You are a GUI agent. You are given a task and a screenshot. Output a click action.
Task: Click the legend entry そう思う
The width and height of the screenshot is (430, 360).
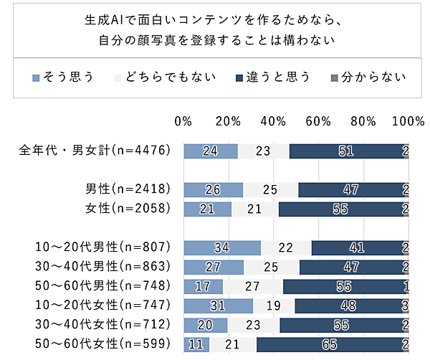click(x=63, y=77)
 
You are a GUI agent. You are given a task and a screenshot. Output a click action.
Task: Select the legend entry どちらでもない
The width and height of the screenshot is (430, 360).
click(x=165, y=77)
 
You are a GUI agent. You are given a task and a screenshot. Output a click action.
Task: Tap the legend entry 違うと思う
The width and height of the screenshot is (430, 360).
click(x=273, y=77)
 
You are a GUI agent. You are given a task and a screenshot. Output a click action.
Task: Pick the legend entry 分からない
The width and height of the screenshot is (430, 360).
click(x=368, y=77)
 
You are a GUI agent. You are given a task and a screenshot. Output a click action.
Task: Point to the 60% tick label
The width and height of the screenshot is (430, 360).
click(x=318, y=121)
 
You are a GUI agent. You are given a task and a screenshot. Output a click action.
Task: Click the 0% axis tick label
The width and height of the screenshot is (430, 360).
click(x=183, y=121)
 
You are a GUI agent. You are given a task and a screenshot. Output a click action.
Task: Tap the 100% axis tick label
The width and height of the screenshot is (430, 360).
click(x=408, y=121)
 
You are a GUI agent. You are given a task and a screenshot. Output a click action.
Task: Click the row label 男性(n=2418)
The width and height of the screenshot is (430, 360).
click(x=128, y=189)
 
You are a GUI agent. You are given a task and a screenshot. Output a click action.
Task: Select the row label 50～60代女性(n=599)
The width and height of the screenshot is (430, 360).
click(x=102, y=344)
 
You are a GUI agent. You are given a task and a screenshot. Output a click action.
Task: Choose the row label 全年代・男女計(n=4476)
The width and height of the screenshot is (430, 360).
click(x=95, y=151)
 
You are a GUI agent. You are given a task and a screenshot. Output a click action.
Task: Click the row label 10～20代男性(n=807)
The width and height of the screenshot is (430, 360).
click(x=102, y=247)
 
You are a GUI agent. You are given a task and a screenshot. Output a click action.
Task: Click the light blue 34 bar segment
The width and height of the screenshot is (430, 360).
click(x=222, y=248)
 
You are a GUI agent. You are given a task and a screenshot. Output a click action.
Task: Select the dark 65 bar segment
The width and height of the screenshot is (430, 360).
click(x=330, y=344)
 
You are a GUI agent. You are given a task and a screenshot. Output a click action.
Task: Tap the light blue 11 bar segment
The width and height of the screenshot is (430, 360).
click(x=196, y=344)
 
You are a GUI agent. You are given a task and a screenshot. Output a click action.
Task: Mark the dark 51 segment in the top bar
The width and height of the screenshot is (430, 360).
click(x=347, y=151)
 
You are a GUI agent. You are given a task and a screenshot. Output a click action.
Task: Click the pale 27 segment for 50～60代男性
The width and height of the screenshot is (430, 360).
click(x=253, y=286)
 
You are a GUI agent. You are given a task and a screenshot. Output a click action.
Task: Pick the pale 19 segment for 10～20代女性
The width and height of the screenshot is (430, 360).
click(x=274, y=305)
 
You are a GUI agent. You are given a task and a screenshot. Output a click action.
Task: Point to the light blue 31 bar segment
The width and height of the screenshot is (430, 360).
click(x=219, y=305)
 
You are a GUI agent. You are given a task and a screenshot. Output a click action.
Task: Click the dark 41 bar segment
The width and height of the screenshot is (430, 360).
click(x=358, y=248)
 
